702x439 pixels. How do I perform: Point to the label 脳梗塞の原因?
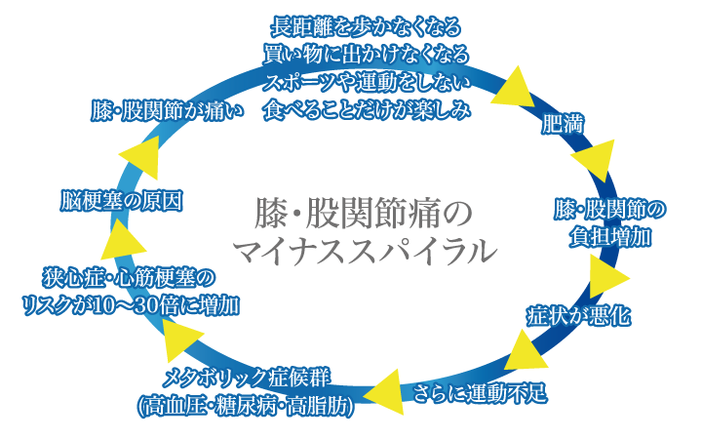point(119,200)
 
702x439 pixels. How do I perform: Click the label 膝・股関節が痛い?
point(166,108)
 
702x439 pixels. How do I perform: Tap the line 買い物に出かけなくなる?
point(366,51)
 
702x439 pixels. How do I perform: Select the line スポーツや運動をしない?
point(367,78)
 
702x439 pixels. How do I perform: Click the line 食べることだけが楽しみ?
point(366,105)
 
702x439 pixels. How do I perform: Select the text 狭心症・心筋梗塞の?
point(129,277)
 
